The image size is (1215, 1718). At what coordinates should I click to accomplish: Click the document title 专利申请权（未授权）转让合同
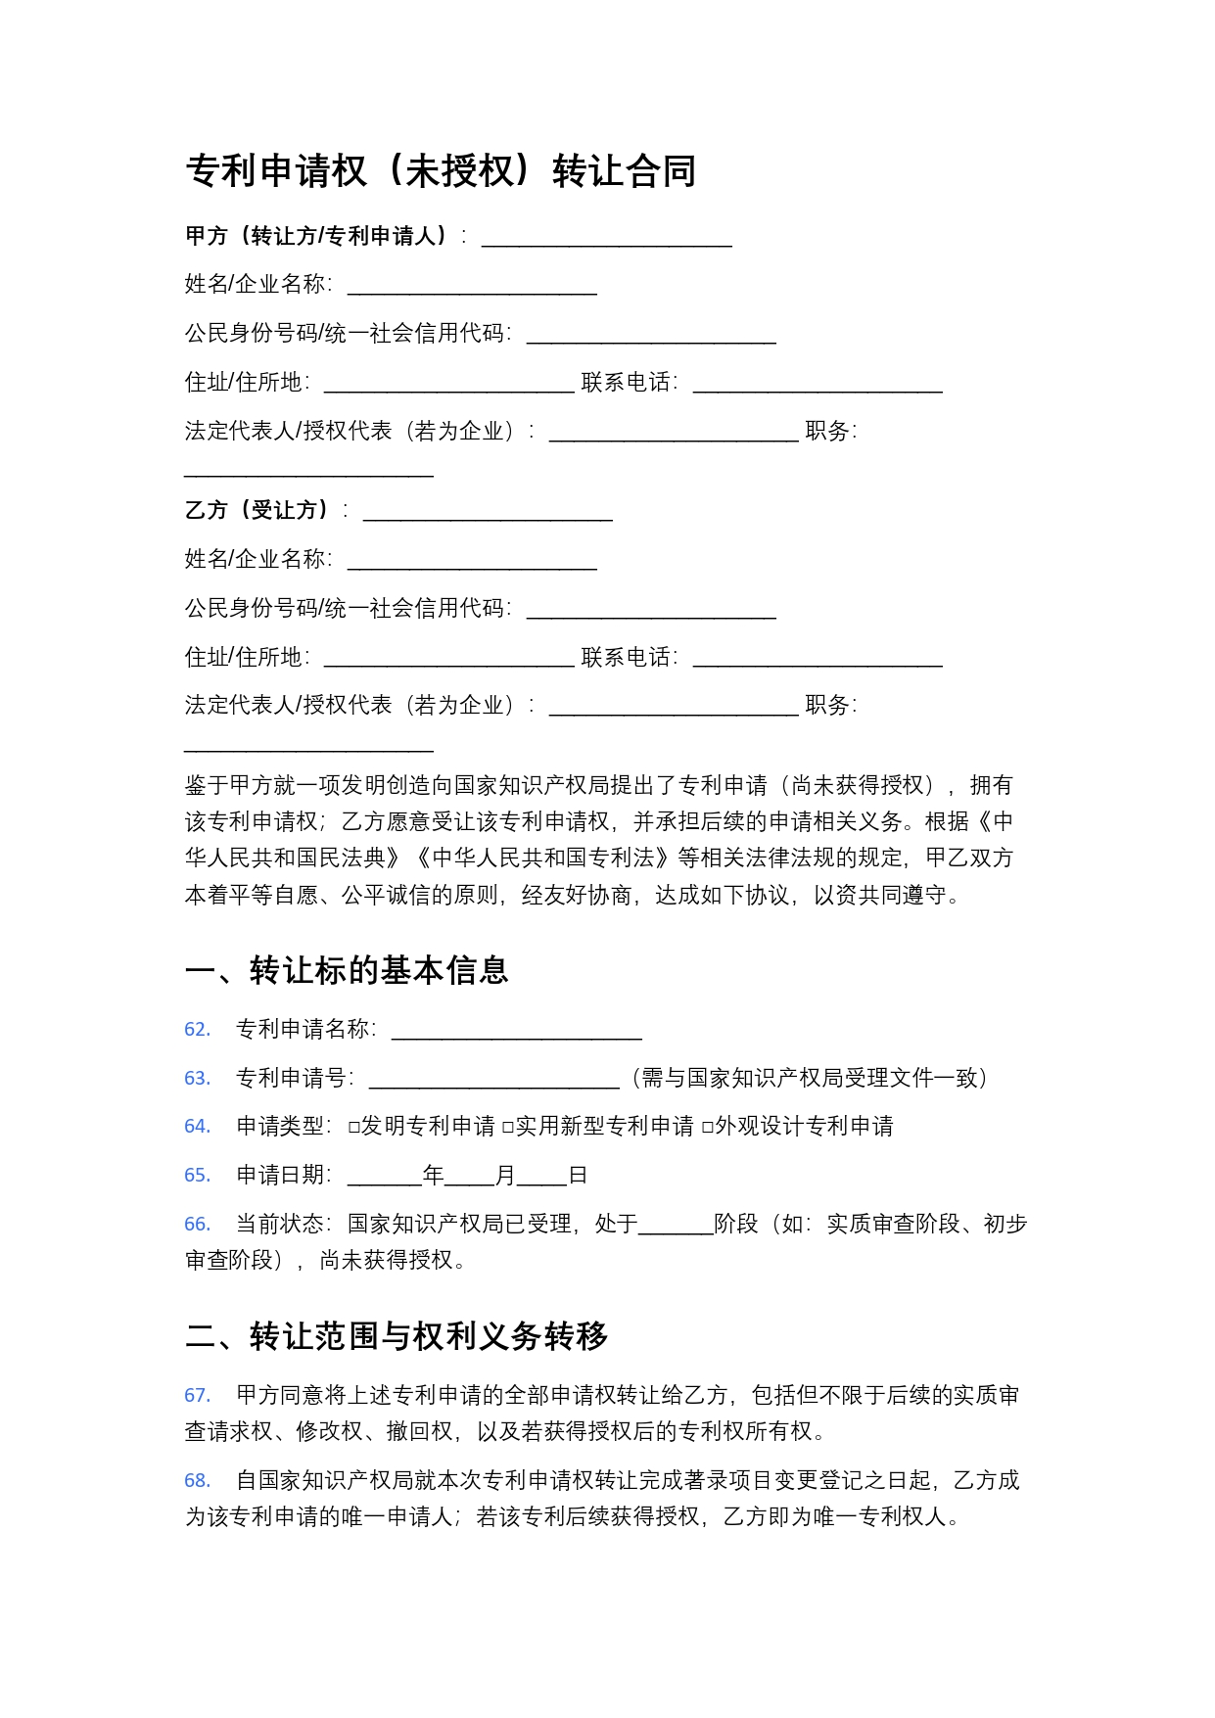(441, 171)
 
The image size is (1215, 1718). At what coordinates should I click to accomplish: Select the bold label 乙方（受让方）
(257, 510)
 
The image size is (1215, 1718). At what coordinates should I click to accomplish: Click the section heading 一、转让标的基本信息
(347, 970)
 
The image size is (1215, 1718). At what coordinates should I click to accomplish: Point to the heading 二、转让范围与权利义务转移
(397, 1336)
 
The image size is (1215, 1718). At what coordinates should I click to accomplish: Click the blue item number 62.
(198, 1029)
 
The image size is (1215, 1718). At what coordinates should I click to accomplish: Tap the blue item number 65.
(198, 1176)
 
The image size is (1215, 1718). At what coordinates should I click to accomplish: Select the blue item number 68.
(198, 1481)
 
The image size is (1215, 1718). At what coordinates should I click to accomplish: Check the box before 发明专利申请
(354, 1128)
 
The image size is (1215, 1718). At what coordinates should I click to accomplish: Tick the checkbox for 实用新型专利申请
(508, 1128)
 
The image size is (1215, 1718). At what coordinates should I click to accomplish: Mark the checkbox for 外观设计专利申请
(708, 1128)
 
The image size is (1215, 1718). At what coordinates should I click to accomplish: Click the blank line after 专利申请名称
(516, 1031)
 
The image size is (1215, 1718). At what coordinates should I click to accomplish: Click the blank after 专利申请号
(493, 1080)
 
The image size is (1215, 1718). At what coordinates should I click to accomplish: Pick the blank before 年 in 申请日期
(384, 1177)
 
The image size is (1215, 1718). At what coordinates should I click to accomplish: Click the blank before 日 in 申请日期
(542, 1177)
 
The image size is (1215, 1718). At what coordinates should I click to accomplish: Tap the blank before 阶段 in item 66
(676, 1226)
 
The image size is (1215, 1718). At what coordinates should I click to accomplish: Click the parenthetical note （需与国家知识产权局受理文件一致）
(810, 1078)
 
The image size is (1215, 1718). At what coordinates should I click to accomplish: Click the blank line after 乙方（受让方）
(488, 512)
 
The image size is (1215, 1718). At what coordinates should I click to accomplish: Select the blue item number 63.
(198, 1078)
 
